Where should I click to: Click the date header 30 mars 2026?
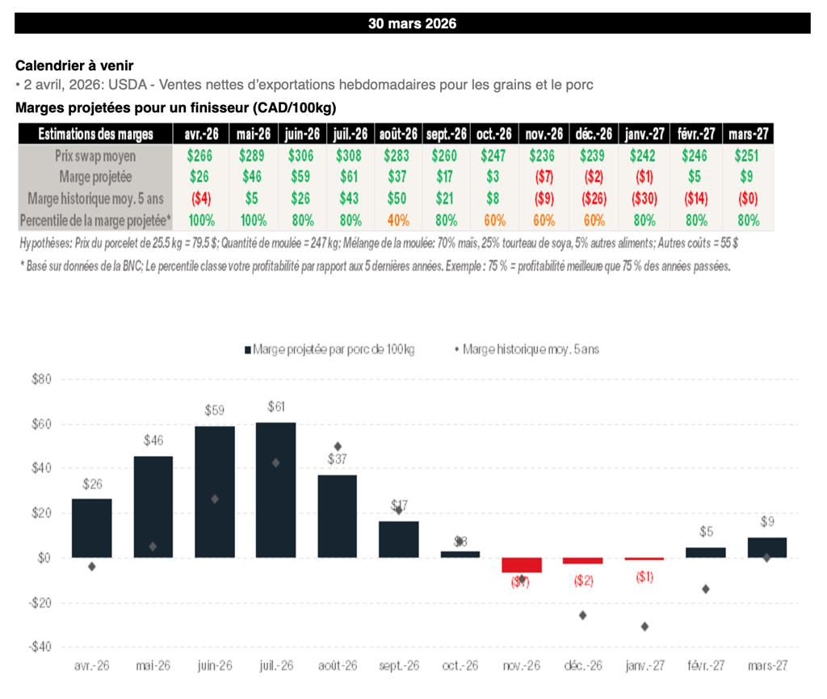(x=412, y=23)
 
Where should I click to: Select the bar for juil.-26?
(x=275, y=489)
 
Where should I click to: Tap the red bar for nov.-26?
(x=522, y=565)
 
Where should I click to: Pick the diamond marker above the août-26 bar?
(x=338, y=446)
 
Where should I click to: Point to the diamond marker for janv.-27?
(x=644, y=626)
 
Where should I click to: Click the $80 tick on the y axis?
(x=40, y=379)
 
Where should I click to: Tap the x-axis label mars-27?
(x=766, y=666)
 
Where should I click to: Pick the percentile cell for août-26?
(x=399, y=220)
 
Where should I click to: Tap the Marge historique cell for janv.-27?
(x=645, y=198)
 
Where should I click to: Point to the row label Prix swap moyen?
(x=95, y=156)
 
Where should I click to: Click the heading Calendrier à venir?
(x=75, y=65)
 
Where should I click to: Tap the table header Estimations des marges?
(x=95, y=134)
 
